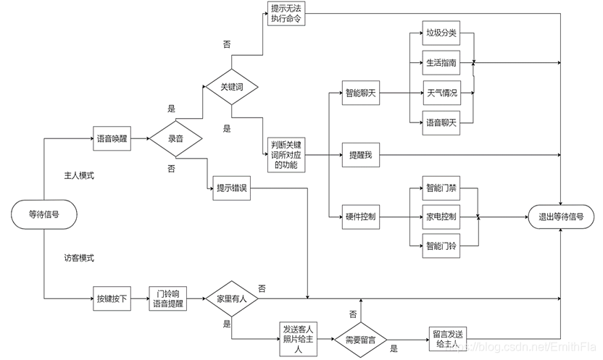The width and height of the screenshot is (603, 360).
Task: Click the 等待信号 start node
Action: tap(44, 214)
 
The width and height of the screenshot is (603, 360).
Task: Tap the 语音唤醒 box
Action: tap(113, 138)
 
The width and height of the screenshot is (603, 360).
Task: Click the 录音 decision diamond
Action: tap(175, 138)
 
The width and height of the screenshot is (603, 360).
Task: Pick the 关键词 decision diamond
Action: tap(232, 86)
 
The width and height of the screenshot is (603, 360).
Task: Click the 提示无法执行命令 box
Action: tap(286, 14)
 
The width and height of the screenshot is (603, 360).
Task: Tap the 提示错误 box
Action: tap(232, 188)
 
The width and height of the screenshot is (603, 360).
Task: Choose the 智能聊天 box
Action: tap(361, 93)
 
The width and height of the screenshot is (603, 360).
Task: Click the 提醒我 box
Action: tap(361, 155)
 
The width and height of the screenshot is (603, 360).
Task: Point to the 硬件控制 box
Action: tap(361, 217)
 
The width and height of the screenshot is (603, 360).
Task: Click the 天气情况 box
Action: tap(441, 93)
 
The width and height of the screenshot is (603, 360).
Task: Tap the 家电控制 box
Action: tap(441, 217)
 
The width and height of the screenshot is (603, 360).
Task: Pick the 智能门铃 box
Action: tap(441, 246)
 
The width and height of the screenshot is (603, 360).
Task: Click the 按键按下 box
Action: tap(113, 298)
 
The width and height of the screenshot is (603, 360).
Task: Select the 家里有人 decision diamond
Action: tap(232, 298)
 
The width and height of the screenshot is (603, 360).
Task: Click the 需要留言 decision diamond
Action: tap(360, 339)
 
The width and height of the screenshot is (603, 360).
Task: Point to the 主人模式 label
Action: tap(80, 176)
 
